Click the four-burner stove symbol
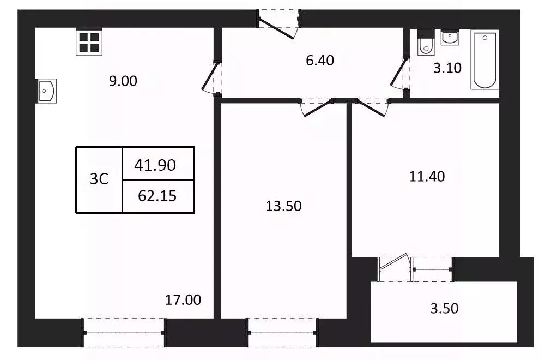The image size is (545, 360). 88,42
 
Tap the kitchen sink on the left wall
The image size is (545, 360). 46,91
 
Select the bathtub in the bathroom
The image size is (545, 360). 485,60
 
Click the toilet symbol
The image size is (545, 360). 425,45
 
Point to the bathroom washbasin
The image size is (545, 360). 450,38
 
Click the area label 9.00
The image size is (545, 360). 123,81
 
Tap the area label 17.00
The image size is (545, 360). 183,299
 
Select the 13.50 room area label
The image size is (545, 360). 283,206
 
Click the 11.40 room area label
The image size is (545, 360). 427,176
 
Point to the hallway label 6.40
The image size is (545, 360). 319,61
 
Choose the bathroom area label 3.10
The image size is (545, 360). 447,68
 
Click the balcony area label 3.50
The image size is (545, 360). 444,309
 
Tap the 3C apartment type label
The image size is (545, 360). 99,179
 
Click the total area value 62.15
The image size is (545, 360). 157,196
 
